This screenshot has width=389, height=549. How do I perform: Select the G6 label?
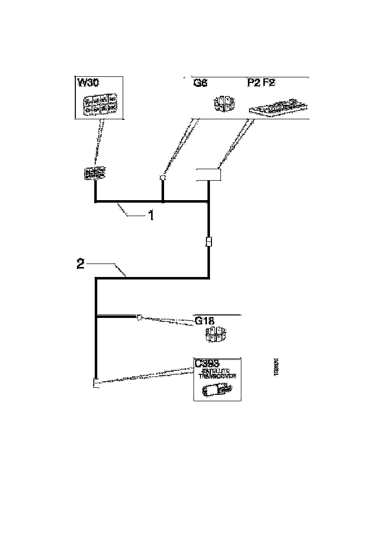200,83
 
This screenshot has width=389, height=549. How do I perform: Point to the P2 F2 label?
261,83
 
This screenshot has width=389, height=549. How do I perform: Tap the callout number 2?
80,265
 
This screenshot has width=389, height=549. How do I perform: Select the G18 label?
205,321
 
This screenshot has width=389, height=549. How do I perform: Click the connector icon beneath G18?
215,335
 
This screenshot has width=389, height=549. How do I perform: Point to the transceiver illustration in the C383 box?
215,390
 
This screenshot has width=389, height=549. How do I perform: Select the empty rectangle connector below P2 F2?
208,175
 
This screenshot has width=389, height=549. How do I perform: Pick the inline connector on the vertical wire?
209,242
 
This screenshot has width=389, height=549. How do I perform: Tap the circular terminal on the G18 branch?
140,316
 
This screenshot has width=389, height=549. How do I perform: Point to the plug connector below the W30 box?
95,174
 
